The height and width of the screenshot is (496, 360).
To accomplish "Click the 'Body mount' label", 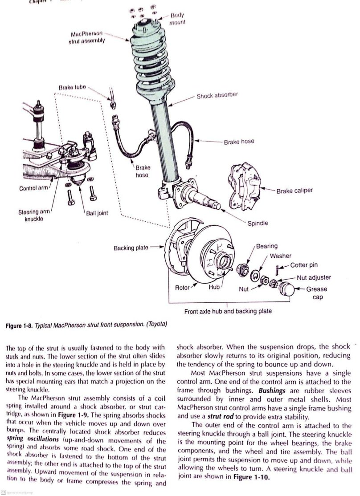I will click(x=177, y=18).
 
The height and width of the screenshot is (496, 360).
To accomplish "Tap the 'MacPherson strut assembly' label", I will click(x=87, y=37).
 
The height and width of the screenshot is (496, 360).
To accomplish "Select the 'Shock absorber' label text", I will click(x=217, y=96).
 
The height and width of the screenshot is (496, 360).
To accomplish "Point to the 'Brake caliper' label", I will click(x=295, y=191).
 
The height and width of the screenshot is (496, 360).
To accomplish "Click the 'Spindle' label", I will click(x=258, y=223).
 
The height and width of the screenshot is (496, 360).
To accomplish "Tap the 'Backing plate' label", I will click(x=131, y=247).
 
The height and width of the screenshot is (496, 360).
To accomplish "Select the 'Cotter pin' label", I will click(x=304, y=265).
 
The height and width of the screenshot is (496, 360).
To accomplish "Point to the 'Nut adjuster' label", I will click(x=314, y=277).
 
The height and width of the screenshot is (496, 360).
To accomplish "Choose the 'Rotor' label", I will click(x=182, y=288).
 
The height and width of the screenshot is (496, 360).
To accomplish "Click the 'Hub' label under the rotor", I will click(x=214, y=288).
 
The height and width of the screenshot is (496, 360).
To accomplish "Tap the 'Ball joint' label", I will click(x=97, y=213).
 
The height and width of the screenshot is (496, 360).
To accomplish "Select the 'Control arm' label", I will click(x=33, y=188).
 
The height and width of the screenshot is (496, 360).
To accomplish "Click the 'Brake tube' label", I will click(x=72, y=87).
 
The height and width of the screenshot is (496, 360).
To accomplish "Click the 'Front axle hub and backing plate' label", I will click(x=228, y=311).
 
